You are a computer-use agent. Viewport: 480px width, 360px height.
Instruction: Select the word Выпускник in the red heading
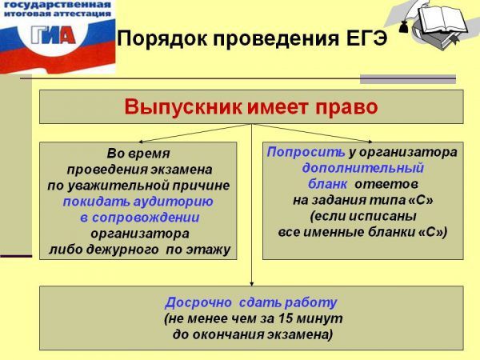(x=190, y=106)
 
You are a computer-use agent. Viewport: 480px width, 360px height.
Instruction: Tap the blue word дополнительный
(x=362, y=169)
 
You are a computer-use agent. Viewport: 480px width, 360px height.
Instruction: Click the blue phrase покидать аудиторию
(x=138, y=201)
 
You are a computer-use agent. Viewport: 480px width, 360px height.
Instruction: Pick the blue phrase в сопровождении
(x=139, y=217)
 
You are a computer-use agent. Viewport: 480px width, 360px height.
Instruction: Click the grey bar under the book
(x=407, y=78)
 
